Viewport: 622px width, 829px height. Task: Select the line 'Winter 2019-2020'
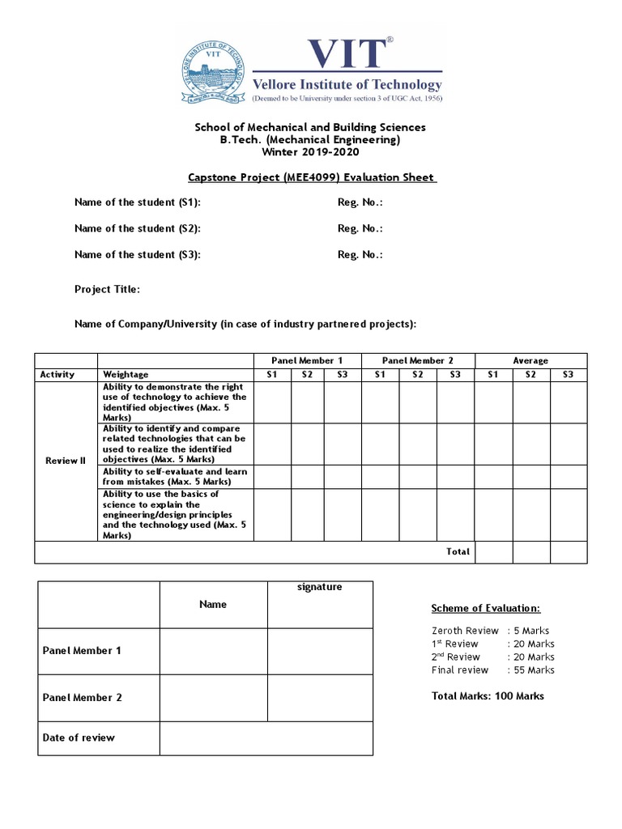tap(309, 152)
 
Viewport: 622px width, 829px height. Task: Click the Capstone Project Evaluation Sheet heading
tap(310, 177)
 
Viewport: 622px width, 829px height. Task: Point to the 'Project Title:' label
tap(107, 289)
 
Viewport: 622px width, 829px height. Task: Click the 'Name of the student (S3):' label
tap(137, 254)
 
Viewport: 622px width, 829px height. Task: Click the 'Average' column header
tap(530, 360)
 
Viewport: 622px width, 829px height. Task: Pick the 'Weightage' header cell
tap(126, 374)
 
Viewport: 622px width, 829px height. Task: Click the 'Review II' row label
tap(66, 461)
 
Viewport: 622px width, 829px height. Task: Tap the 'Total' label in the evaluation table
tap(458, 551)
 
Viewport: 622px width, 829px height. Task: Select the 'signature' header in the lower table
tap(320, 587)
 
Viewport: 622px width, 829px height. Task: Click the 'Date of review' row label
tap(79, 738)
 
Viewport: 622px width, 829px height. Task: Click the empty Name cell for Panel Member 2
tap(213, 697)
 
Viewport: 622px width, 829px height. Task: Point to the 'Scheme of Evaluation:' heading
tap(485, 609)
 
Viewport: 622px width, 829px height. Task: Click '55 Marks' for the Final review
tap(533, 670)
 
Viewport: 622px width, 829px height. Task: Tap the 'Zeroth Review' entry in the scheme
tap(465, 631)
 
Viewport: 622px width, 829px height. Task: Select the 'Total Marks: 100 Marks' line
tap(488, 695)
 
